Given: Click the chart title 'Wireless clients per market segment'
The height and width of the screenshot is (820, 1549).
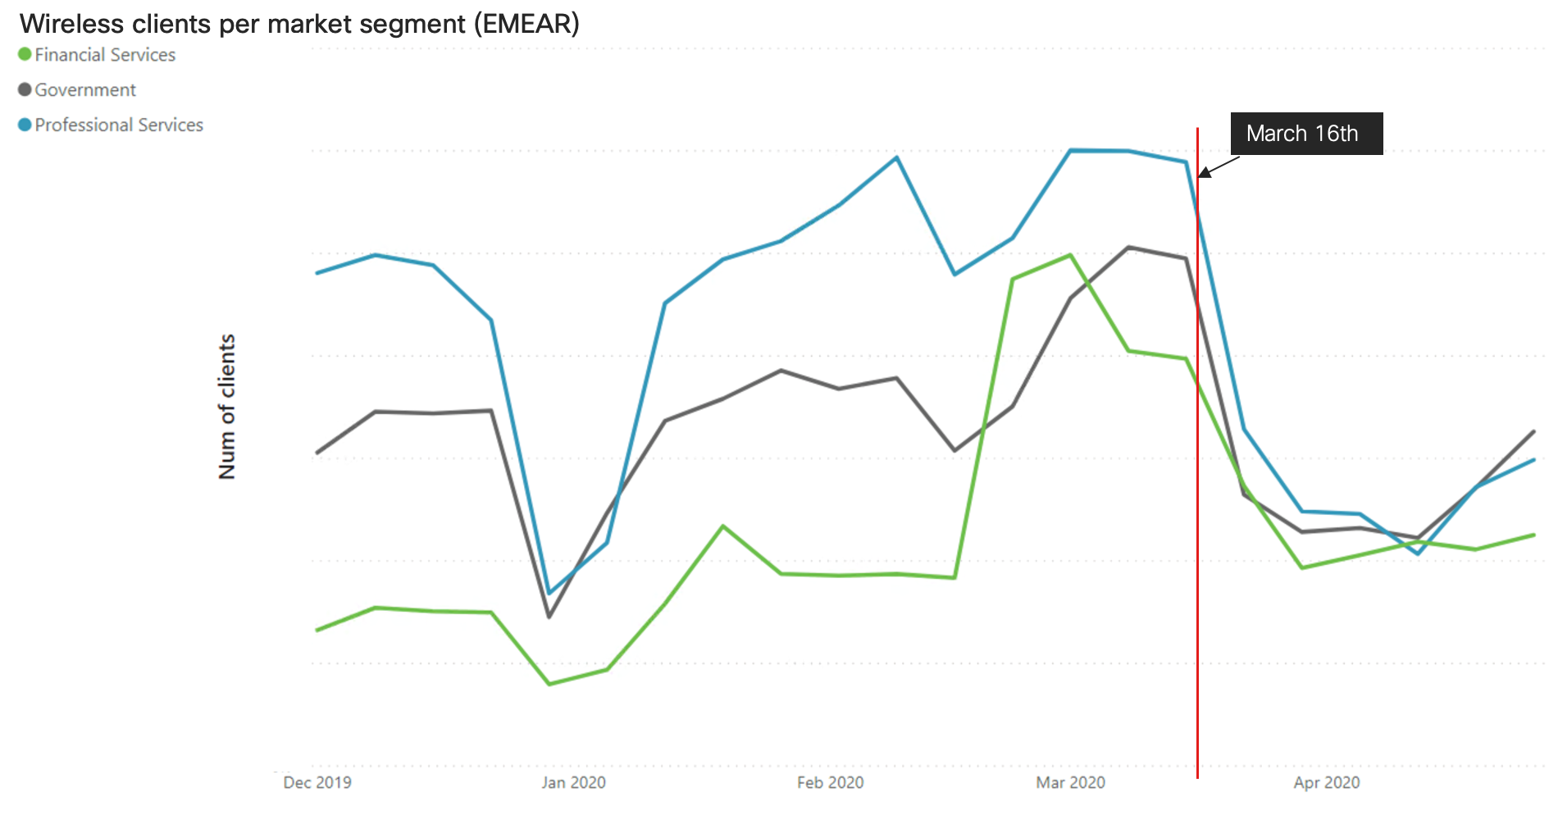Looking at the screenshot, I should pyautogui.click(x=299, y=24).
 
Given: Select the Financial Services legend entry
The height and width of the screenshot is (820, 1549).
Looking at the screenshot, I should pyautogui.click(x=105, y=55).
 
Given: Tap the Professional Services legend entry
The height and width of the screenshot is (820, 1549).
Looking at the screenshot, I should pyautogui.click(x=119, y=125).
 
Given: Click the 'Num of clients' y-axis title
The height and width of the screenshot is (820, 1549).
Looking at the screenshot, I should pyautogui.click(x=227, y=406).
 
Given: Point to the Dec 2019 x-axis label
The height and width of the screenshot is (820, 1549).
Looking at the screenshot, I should pyautogui.click(x=317, y=782).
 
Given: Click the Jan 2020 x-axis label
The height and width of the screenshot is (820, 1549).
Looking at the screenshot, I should pyautogui.click(x=573, y=782).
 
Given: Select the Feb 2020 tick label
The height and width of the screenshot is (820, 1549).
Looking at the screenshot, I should pyautogui.click(x=830, y=782).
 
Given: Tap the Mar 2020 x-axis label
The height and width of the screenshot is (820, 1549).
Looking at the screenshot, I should pyautogui.click(x=1070, y=782).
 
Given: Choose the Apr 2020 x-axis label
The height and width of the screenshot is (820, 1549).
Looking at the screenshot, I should pyautogui.click(x=1326, y=782).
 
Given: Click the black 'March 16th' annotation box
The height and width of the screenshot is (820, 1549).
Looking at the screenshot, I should pyautogui.click(x=1305, y=134).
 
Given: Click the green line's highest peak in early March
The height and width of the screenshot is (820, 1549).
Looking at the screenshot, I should pyautogui.click(x=1070, y=255).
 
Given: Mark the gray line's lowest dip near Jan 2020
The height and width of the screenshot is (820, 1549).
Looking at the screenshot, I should pyautogui.click(x=549, y=617).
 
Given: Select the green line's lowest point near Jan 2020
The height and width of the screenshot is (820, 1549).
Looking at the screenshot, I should pyautogui.click(x=549, y=684).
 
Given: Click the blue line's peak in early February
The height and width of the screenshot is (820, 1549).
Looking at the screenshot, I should pyautogui.click(x=896, y=157).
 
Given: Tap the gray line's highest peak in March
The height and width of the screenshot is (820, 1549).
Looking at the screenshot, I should pyautogui.click(x=1128, y=247).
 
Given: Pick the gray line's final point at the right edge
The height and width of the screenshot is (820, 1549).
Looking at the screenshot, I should pyautogui.click(x=1533, y=431).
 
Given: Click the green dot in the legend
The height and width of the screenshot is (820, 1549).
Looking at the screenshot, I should pyautogui.click(x=25, y=54).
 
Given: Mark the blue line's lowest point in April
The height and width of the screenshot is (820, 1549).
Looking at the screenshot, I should pyautogui.click(x=1418, y=554).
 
